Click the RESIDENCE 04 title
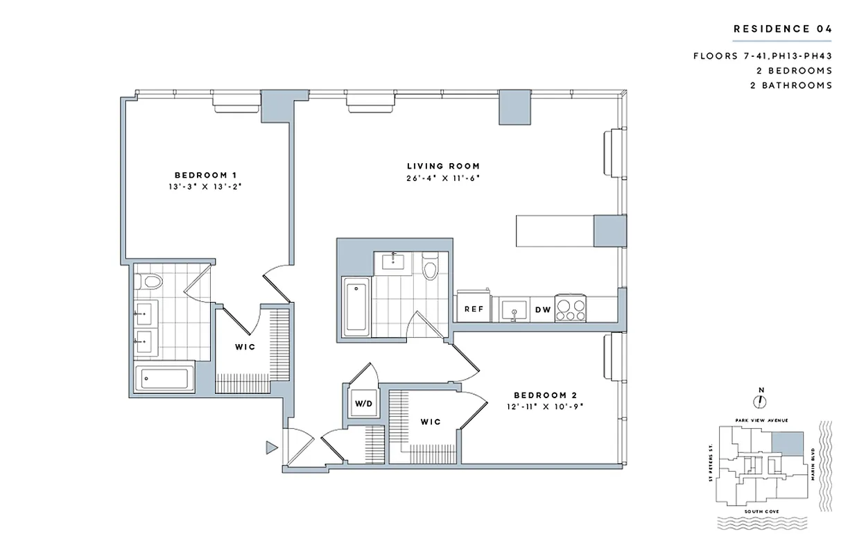(x=783, y=28)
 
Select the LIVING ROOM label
(x=443, y=166)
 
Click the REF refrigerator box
(x=473, y=309)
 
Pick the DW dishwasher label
(x=543, y=309)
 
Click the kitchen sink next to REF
(x=514, y=309)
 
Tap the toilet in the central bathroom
(x=430, y=268)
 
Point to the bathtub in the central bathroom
(x=354, y=305)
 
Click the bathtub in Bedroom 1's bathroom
(x=165, y=379)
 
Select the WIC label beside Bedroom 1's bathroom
(x=243, y=346)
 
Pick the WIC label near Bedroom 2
(x=430, y=421)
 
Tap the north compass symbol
(x=761, y=401)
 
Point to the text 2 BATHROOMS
(x=794, y=85)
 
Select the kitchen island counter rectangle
(x=555, y=230)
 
